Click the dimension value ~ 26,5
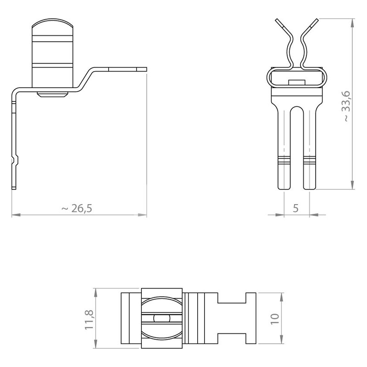[x=77, y=208]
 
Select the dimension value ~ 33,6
[x=346, y=106]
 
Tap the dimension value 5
[x=295, y=208]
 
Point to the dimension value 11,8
[x=89, y=320]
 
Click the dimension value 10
[x=275, y=319]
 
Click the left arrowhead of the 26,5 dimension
[x=16, y=215]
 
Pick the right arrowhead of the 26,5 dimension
[x=142, y=215]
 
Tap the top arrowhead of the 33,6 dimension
[x=352, y=23]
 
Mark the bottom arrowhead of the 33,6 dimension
[x=352, y=185]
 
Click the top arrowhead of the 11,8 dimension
[x=95, y=293]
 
